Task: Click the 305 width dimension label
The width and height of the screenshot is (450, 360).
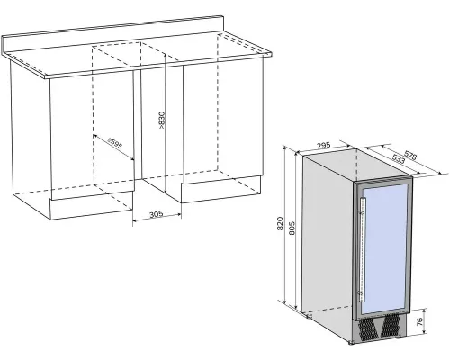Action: pos(156,214)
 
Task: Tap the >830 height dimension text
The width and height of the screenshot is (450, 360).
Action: pos(162,120)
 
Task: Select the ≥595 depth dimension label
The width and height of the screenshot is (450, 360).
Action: pos(115,144)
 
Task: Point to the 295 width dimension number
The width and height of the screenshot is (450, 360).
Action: pos(324,146)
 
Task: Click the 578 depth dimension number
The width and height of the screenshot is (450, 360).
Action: pos(410,156)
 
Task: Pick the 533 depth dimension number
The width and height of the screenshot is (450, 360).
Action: pos(399,158)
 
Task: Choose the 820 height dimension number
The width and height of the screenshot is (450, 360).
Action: pos(280,223)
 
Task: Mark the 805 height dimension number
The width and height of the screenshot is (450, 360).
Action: pos(292,229)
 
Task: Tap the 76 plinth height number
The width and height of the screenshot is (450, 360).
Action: pos(420,321)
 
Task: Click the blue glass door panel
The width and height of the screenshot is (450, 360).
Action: pos(384,249)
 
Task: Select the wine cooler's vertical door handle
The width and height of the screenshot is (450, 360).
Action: pos(363,250)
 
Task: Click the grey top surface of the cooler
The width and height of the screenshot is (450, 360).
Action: pos(357,166)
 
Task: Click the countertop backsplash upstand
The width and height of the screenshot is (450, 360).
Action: pos(112,35)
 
